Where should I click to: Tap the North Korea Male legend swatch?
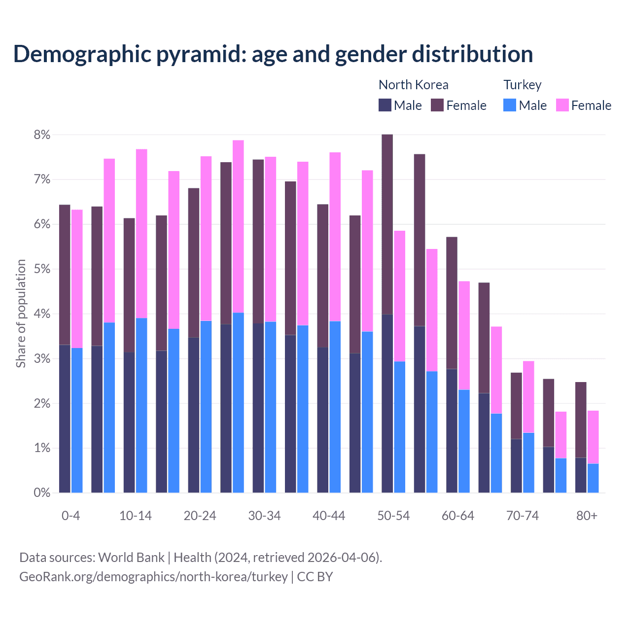tap(385, 105)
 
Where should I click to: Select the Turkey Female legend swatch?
tap(562, 105)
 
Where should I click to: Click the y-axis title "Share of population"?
tap(21, 314)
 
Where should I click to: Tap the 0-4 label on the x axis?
tap(70, 516)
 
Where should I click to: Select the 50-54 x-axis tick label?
tap(393, 516)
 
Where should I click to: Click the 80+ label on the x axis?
tap(587, 516)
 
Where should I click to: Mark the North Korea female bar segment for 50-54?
tap(387, 224)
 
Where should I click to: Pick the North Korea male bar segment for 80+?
tap(581, 475)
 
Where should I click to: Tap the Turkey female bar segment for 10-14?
tap(141, 234)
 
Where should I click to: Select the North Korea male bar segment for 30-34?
tap(258, 408)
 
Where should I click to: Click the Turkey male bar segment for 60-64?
tap(464, 441)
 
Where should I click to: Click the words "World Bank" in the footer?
tap(131, 558)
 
